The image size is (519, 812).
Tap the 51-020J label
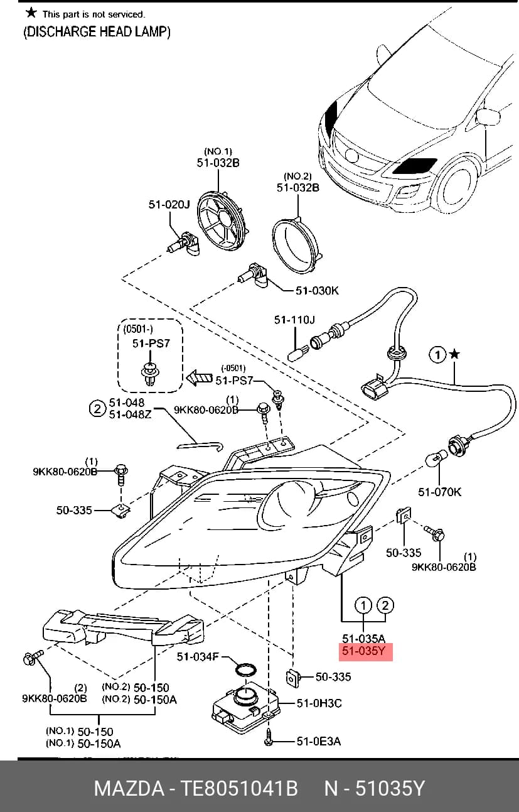pyautogui.click(x=169, y=205)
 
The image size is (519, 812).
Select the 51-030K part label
pyautogui.click(x=318, y=290)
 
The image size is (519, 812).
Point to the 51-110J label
pyautogui.click(x=294, y=320)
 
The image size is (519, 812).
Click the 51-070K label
pyautogui.click(x=440, y=492)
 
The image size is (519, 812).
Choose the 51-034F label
pyautogui.click(x=198, y=656)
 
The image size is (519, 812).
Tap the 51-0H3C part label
pyautogui.click(x=319, y=703)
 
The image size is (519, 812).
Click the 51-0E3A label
pyautogui.click(x=319, y=741)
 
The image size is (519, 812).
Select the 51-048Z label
pyautogui.click(x=130, y=414)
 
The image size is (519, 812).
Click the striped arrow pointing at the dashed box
pyautogui.click(x=199, y=377)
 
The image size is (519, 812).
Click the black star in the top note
pyautogui.click(x=31, y=13)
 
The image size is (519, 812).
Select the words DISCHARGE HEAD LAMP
pyautogui.click(x=97, y=32)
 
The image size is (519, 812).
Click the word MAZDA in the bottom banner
pyautogui.click(x=129, y=788)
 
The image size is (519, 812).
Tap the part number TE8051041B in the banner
pyautogui.click(x=239, y=788)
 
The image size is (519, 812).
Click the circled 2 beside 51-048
pyautogui.click(x=97, y=409)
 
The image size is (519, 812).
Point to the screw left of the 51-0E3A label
pyautogui.click(x=269, y=737)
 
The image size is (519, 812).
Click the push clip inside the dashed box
pyautogui.click(x=149, y=374)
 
